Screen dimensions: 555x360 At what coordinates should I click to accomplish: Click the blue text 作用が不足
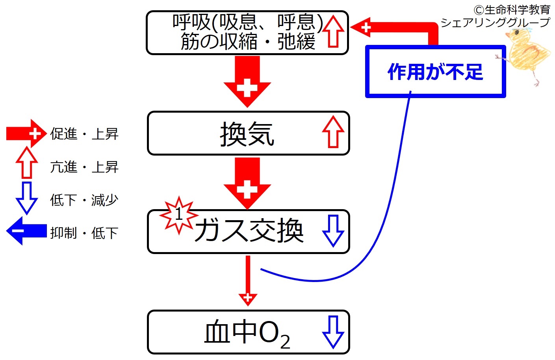(435, 72)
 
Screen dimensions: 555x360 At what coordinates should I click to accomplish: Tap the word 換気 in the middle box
(247, 134)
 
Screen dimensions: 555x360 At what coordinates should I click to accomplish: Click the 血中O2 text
(247, 334)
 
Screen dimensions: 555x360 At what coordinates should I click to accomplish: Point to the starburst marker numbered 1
(179, 215)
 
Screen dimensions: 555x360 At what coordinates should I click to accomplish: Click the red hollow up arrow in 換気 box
(333, 132)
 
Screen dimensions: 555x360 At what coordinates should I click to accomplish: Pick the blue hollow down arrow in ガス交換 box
(333, 231)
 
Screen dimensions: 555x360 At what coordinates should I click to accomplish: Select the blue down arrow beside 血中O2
(333, 332)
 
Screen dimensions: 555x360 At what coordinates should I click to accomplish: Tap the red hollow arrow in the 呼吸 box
(333, 31)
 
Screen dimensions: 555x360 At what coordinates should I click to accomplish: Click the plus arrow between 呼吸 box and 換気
(247, 82)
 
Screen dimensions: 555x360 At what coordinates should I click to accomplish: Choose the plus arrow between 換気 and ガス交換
(247, 183)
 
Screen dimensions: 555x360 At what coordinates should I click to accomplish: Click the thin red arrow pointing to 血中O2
(248, 281)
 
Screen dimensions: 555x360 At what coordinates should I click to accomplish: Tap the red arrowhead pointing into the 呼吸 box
(361, 27)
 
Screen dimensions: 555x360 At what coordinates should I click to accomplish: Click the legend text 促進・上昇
(84, 134)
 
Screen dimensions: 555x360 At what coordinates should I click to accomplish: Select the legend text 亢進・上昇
(84, 167)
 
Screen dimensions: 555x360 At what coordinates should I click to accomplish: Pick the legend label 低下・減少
(84, 200)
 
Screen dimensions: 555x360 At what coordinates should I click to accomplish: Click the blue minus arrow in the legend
(26, 231)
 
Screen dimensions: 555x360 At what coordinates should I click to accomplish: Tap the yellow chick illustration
(527, 56)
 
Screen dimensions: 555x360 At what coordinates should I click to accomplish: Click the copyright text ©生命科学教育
(512, 10)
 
